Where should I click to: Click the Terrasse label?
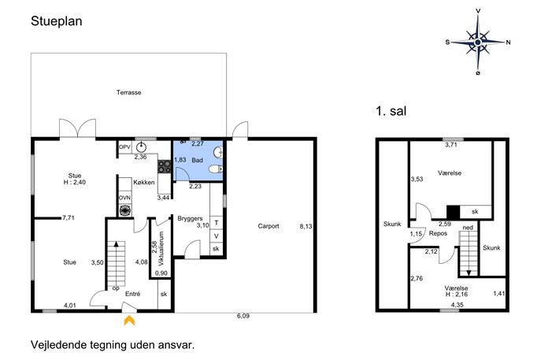(128, 92)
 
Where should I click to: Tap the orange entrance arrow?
(129, 321)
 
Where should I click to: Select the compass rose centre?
(478, 42)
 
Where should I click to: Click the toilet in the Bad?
(217, 169)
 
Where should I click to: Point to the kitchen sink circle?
(141, 147)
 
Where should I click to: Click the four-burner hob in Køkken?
(165, 167)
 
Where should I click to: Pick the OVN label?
(124, 198)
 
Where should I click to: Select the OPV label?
(124, 147)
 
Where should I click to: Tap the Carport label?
(269, 226)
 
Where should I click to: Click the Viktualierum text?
(161, 248)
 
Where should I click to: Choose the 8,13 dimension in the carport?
(306, 226)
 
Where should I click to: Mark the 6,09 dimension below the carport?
(243, 316)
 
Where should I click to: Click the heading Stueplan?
(57, 21)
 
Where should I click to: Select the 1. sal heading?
(391, 111)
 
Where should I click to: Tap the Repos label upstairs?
(438, 233)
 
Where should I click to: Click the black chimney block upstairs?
(454, 212)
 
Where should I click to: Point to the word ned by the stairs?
(468, 228)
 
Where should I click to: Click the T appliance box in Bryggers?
(217, 223)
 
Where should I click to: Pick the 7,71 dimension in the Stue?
(69, 217)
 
